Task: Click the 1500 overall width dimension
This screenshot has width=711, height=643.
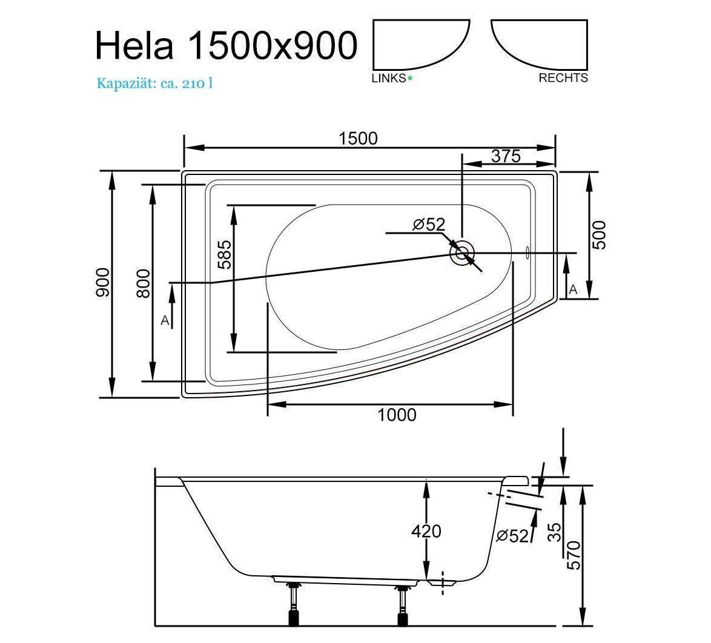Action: [358, 138]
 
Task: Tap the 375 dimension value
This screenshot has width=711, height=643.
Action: [506, 156]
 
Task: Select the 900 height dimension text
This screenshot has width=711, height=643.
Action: [102, 283]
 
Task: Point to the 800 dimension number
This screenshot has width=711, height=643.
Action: [143, 283]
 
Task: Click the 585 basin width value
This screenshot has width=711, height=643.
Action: [225, 254]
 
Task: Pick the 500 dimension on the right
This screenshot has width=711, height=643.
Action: [599, 235]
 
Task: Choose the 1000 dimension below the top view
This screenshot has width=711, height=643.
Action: [397, 415]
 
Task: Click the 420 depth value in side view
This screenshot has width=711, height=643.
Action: [426, 530]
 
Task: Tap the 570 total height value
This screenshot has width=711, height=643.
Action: [574, 555]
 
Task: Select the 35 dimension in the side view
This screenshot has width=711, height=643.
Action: [555, 532]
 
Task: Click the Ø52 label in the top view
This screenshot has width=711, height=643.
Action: [429, 225]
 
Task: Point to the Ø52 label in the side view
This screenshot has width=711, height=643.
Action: [512, 536]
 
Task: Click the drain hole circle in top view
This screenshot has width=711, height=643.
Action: [462, 253]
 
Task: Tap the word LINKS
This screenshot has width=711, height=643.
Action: [389, 78]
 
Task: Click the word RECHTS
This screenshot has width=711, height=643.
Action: [563, 78]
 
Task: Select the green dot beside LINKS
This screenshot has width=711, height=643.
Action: [410, 78]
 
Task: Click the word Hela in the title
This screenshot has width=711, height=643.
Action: [134, 46]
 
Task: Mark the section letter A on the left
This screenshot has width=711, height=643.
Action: [165, 321]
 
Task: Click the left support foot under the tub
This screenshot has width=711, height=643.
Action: [293, 606]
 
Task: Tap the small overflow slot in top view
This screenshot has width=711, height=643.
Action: [527, 252]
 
